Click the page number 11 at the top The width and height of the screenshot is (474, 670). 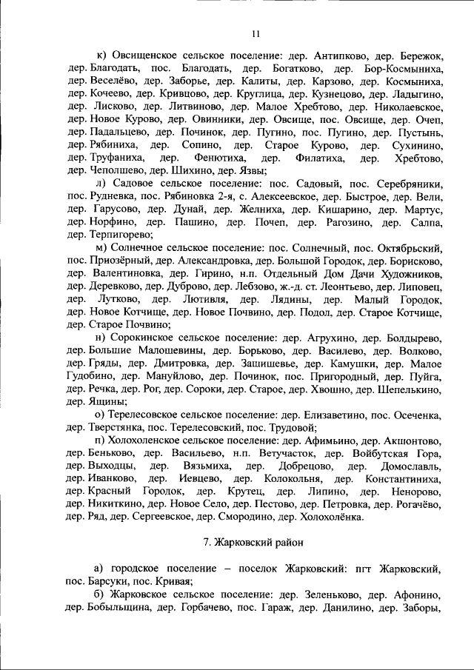tap(256, 33)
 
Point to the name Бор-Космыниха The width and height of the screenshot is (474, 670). tap(404, 68)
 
